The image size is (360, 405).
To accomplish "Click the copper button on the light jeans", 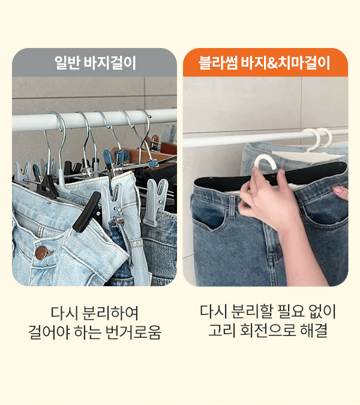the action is point(41,253).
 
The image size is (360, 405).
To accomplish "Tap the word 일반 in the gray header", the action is point(67,63).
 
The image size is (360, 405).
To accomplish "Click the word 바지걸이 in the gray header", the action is point(110,63).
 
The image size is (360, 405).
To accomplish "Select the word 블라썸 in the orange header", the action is point(218,63).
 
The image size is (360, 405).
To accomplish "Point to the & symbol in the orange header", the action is point(272,63).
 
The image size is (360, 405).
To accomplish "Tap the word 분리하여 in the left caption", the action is point(110,313).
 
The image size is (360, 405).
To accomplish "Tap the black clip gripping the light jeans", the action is point(86,212).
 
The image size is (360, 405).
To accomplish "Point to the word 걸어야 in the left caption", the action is point(49,332).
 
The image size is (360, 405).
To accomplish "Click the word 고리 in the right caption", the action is point(222,331).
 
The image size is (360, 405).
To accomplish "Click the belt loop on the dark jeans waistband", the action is point(232,206).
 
